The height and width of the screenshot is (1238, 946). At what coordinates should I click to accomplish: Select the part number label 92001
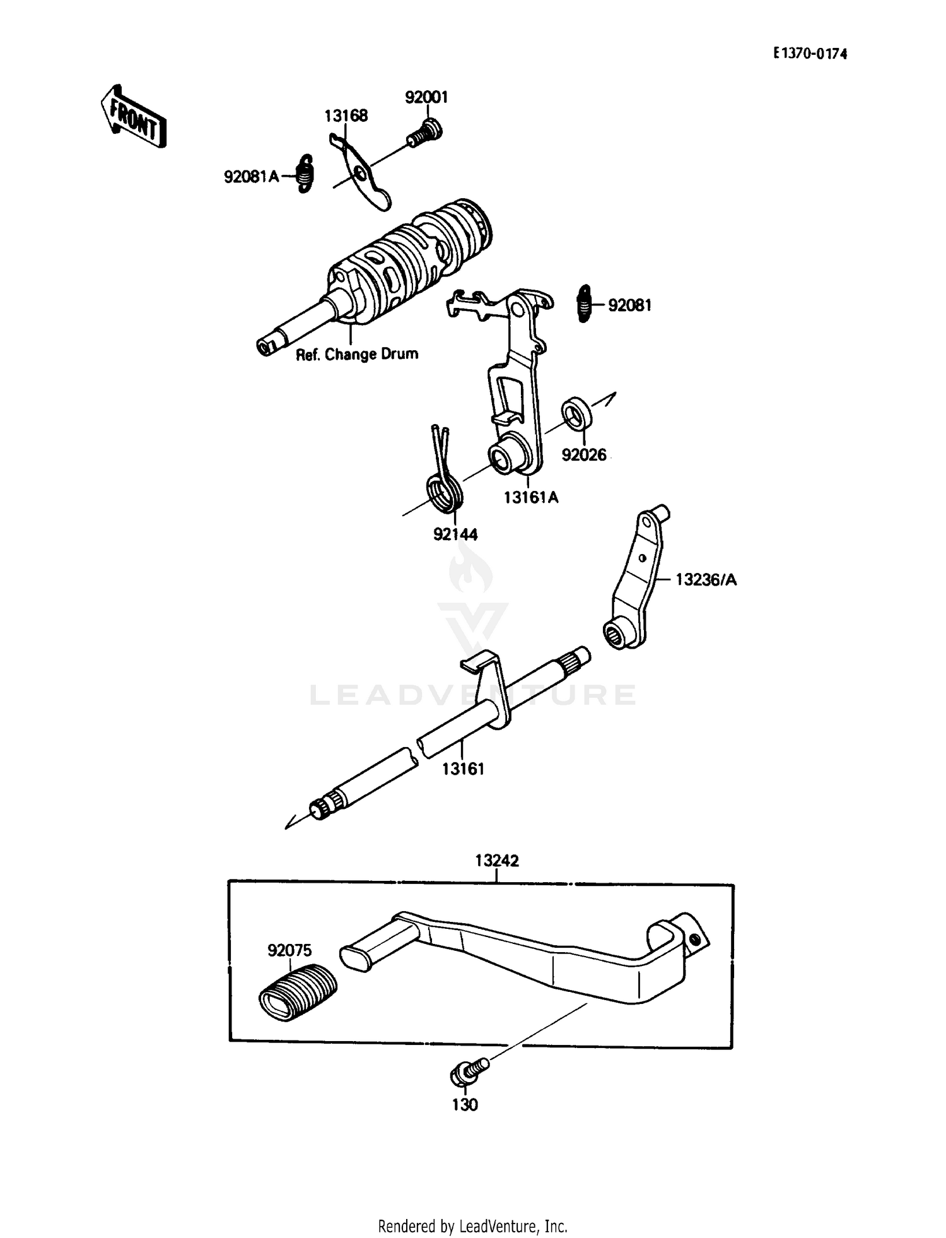[x=426, y=97]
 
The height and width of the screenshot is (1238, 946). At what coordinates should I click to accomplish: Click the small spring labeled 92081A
[x=305, y=173]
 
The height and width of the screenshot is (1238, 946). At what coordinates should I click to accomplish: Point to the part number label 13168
[x=346, y=116]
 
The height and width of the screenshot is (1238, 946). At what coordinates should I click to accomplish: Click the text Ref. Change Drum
[x=357, y=354]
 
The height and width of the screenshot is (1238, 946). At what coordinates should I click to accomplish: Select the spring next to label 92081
[x=585, y=304]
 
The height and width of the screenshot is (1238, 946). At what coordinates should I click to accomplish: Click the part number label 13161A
[x=531, y=497]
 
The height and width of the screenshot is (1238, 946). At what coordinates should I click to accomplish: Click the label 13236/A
[x=706, y=579]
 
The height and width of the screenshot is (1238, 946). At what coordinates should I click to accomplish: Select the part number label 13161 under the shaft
[x=463, y=769]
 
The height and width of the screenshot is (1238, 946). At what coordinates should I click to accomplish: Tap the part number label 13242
[x=497, y=861]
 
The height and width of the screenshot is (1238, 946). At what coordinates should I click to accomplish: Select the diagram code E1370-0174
[x=810, y=54]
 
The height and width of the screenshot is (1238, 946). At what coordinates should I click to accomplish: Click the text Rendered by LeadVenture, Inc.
[x=472, y=1226]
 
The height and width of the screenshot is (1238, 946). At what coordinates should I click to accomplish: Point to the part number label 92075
[x=289, y=950]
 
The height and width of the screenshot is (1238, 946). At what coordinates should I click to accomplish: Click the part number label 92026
[x=584, y=454]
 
